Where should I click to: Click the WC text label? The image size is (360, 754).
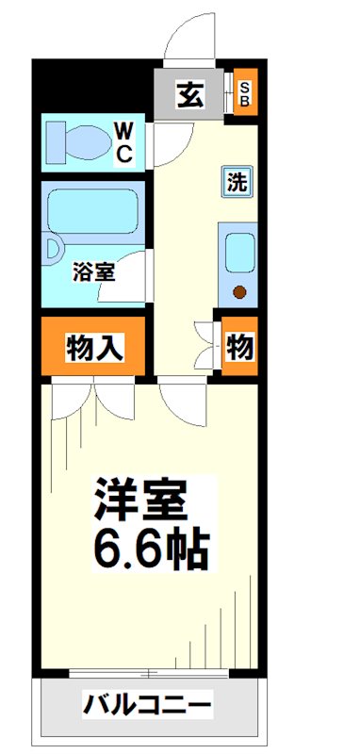124,141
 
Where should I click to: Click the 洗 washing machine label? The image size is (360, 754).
237,182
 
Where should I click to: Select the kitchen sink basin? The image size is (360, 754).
239,251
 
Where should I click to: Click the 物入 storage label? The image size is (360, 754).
93,348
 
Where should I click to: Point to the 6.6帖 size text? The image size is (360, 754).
149,548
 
